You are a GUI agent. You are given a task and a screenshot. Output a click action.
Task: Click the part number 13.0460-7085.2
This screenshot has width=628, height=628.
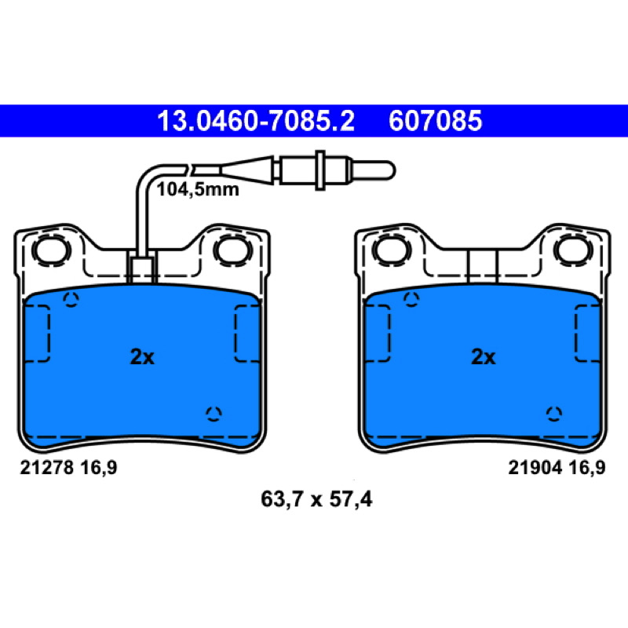(x=256, y=121)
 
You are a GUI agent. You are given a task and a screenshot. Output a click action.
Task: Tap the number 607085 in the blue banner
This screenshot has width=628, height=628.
(x=436, y=121)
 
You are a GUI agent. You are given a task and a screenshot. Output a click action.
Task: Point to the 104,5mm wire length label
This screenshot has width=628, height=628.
(x=198, y=189)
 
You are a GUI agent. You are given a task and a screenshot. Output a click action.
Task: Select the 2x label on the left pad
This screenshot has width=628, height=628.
(x=142, y=356)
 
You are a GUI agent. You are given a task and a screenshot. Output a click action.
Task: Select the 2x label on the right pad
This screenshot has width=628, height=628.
(x=483, y=356)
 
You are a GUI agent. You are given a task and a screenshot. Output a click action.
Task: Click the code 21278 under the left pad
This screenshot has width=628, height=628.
(x=47, y=467)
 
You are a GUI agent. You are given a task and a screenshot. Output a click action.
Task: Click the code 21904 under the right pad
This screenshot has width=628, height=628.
(x=535, y=467)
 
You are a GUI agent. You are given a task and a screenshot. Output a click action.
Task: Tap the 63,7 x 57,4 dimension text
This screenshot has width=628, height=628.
(x=316, y=499)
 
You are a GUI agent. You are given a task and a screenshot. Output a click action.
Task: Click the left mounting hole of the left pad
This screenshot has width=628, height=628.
(x=51, y=250)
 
